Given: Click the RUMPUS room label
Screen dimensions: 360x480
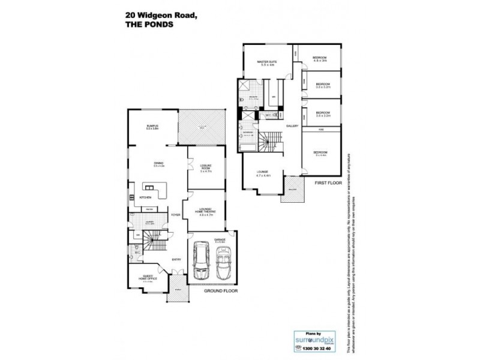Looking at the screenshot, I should click(x=151, y=125).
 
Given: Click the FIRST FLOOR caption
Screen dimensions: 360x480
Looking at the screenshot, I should click(x=328, y=181).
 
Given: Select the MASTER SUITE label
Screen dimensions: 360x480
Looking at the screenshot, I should click(x=263, y=62).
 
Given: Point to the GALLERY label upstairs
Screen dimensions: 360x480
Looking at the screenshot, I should click(x=292, y=126).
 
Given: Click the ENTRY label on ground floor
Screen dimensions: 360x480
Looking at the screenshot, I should click(x=176, y=259).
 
